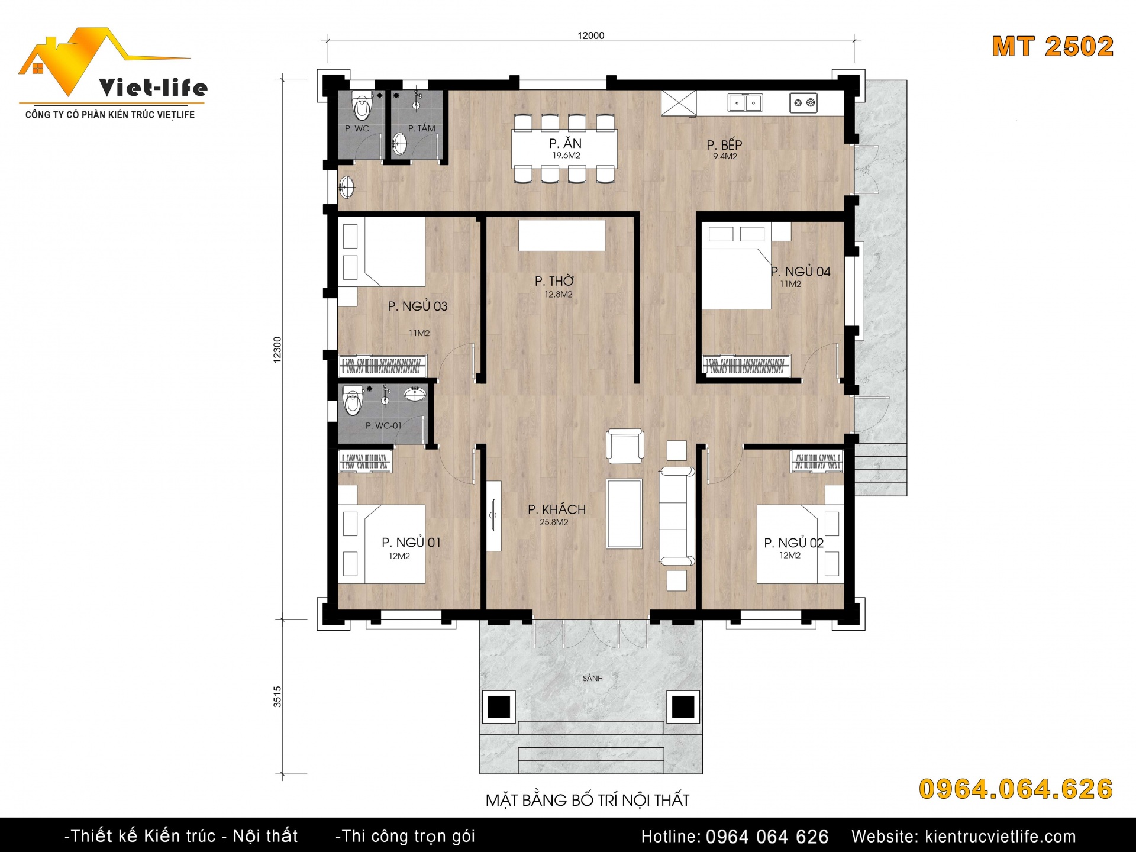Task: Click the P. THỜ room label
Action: coord(554,281)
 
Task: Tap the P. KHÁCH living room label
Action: coord(557,509)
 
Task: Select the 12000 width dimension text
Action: coord(591,35)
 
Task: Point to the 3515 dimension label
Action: coord(277,696)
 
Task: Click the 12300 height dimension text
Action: coord(277,349)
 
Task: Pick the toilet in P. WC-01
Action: coord(353,400)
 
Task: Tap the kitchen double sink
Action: coord(745,103)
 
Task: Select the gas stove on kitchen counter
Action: coord(803,103)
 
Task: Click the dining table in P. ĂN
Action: coord(564,148)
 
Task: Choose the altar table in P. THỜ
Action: coord(562,235)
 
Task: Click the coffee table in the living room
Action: coord(624,514)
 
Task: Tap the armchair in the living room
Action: coord(625,447)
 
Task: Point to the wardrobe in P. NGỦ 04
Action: coord(747,364)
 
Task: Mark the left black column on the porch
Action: coord(499,706)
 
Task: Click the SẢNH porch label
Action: coord(592,678)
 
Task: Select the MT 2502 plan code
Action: coord(1053,47)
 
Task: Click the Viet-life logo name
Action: coord(153,88)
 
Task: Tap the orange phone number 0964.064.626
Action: coord(1016,789)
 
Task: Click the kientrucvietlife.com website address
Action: coord(1001,837)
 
